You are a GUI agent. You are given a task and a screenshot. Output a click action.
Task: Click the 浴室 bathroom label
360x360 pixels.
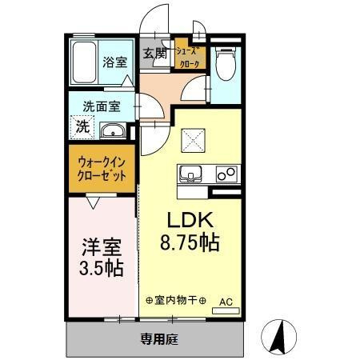[x=114, y=62]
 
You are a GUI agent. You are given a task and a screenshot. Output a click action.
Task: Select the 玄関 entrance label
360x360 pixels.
[x=155, y=54]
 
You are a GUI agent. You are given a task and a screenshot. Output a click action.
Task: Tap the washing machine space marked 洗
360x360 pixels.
[x=82, y=126]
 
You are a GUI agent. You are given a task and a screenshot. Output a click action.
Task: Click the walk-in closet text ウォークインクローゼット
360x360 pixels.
[x=101, y=170]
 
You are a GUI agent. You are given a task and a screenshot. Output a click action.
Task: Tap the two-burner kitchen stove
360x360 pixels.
[x=226, y=173]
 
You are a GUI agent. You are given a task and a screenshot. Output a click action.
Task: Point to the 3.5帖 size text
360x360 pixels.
[x=101, y=266]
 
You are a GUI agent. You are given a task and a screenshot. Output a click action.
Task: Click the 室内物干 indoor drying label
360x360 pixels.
[x=176, y=301]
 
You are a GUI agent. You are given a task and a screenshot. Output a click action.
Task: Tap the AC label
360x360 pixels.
[x=226, y=302]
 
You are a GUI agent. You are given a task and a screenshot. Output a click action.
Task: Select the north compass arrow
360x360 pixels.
[x=279, y=336]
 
